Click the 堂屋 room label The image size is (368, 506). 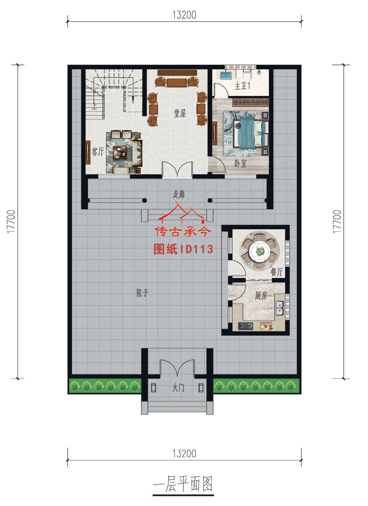pyautogui.click(x=180, y=113)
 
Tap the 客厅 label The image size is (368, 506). pyautogui.click(x=98, y=151)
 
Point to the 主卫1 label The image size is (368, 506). pyautogui.click(x=243, y=86)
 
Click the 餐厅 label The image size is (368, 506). pyautogui.click(x=276, y=272)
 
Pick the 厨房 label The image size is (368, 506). pyautogui.click(x=261, y=296)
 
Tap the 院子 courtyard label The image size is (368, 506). pyautogui.click(x=142, y=293)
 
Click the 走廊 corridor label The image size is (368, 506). pyautogui.click(x=179, y=194)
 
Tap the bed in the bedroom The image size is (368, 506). pyautogui.click(x=251, y=133)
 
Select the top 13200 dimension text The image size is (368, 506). pyautogui.click(x=184, y=15)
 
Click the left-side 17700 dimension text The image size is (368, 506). pyautogui.click(x=11, y=221)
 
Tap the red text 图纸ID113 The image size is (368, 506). pyautogui.click(x=183, y=249)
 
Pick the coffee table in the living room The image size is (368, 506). pyautogui.click(x=120, y=152)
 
